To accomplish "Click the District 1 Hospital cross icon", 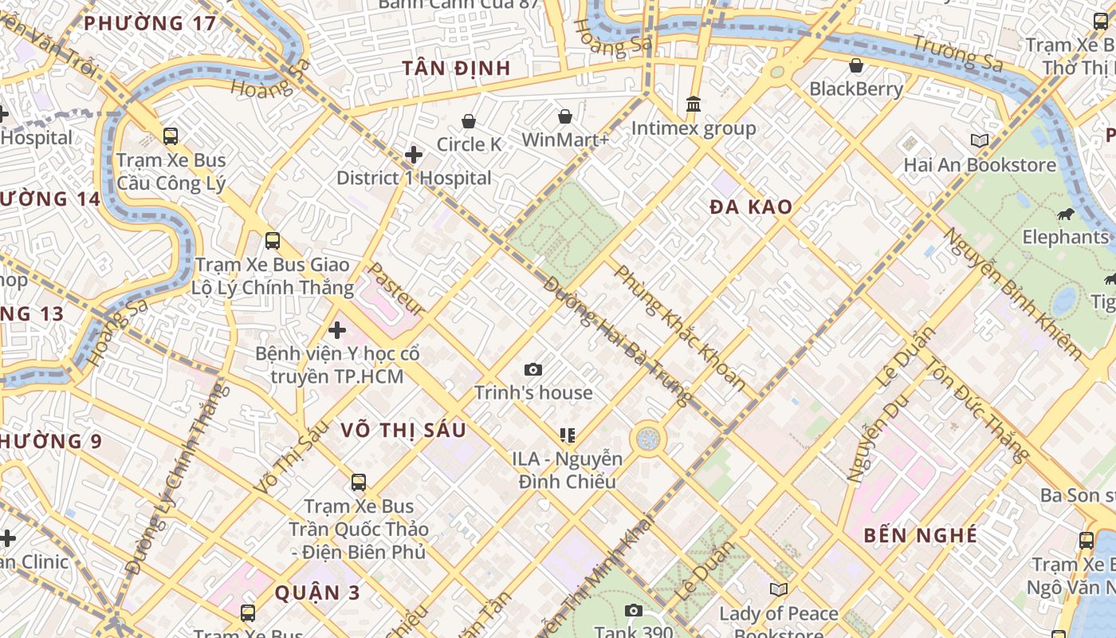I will click(x=414, y=154).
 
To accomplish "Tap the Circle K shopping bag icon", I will click(x=469, y=121).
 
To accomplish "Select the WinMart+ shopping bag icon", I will click(x=565, y=117).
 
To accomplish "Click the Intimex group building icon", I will click(x=694, y=104).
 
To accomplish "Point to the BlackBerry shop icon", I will click(x=856, y=65).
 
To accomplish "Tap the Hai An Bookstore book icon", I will click(x=980, y=141).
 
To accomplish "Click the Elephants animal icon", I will click(x=1065, y=214).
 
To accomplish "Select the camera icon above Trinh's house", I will click(x=533, y=369).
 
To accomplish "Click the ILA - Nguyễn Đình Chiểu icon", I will click(x=568, y=435).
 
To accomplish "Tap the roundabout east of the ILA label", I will click(x=648, y=439).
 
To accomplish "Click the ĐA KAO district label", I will click(x=751, y=207).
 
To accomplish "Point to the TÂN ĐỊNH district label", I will click(x=456, y=68).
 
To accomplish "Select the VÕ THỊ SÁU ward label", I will click(x=403, y=430).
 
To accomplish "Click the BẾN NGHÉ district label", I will click(x=921, y=535).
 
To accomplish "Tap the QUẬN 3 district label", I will click(x=318, y=593).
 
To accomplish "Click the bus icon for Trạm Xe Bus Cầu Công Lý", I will click(x=171, y=136).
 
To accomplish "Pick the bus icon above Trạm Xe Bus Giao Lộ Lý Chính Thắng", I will click(x=273, y=240).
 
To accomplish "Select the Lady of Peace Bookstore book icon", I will click(x=779, y=589).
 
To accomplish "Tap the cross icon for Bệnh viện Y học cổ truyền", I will click(x=337, y=329).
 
